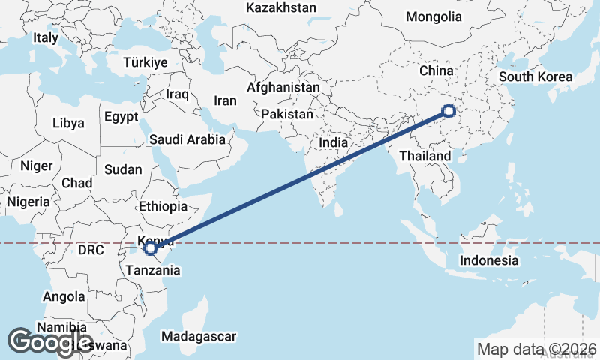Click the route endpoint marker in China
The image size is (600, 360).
(448, 111)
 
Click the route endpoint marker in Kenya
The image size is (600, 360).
(151, 247)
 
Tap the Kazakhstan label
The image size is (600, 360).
(281, 7)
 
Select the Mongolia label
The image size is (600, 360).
(433, 16)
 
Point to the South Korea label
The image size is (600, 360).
(535, 76)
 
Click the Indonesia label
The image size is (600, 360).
(489, 260)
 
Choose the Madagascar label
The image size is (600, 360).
(199, 336)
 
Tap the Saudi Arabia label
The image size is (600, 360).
(187, 139)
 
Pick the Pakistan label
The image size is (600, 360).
(287, 115)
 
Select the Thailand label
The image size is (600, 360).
(425, 156)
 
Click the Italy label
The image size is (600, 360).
(46, 37)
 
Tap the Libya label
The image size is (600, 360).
(69, 123)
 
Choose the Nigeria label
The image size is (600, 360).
(28, 202)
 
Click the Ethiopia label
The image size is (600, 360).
(163, 206)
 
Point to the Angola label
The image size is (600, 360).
(64, 296)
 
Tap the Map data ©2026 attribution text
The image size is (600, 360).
(537, 349)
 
